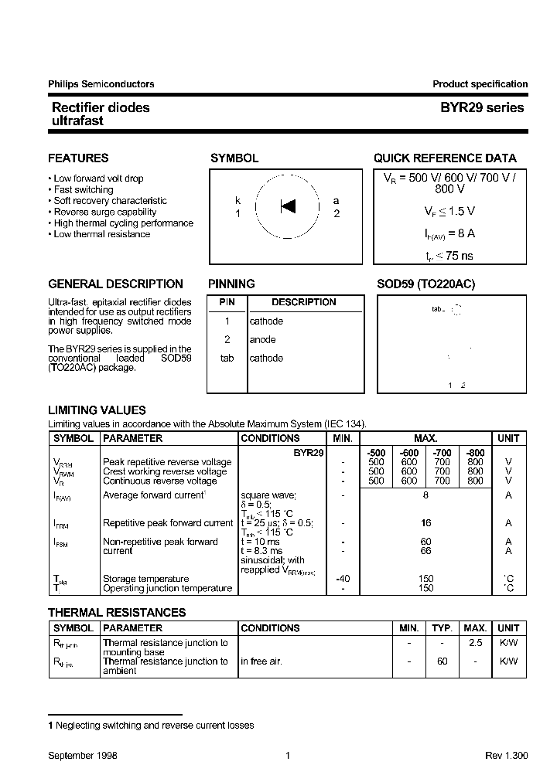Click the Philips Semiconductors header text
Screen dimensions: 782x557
click(101, 84)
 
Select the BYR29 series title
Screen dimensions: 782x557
click(477, 108)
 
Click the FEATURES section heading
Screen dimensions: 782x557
click(78, 158)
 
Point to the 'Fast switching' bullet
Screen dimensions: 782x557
click(83, 189)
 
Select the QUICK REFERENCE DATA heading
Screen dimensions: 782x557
click(445, 158)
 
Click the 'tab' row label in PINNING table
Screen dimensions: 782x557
click(227, 359)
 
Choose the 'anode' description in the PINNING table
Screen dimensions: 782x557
click(262, 340)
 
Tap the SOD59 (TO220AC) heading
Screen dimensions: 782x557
click(425, 284)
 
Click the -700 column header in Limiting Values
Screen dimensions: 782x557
click(442, 451)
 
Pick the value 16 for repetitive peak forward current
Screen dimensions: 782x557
click(425, 523)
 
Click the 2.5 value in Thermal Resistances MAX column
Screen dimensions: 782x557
click(475, 643)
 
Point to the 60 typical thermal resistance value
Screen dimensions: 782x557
click(442, 661)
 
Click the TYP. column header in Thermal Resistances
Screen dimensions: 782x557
click(442, 628)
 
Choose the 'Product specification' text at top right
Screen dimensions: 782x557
click(480, 84)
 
